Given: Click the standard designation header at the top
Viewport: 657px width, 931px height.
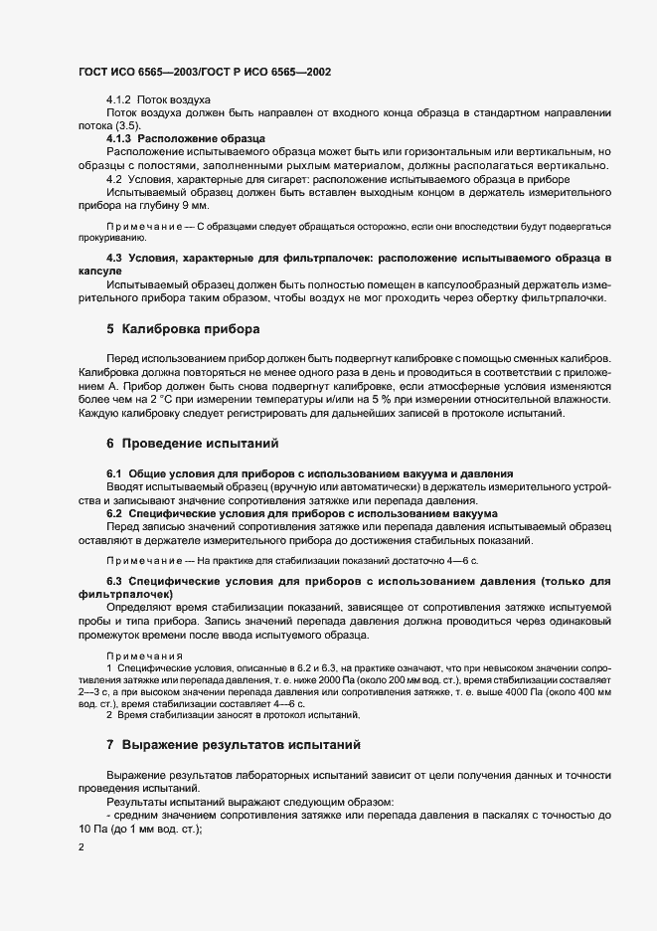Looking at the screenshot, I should point(204,73).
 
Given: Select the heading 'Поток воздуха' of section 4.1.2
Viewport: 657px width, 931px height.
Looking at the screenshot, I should point(174,101).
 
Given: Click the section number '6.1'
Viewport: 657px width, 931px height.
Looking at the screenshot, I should point(114,471).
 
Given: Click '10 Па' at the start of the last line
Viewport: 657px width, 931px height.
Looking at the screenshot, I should point(92,830).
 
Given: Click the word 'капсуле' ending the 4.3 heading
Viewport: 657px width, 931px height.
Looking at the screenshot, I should point(99,272).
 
